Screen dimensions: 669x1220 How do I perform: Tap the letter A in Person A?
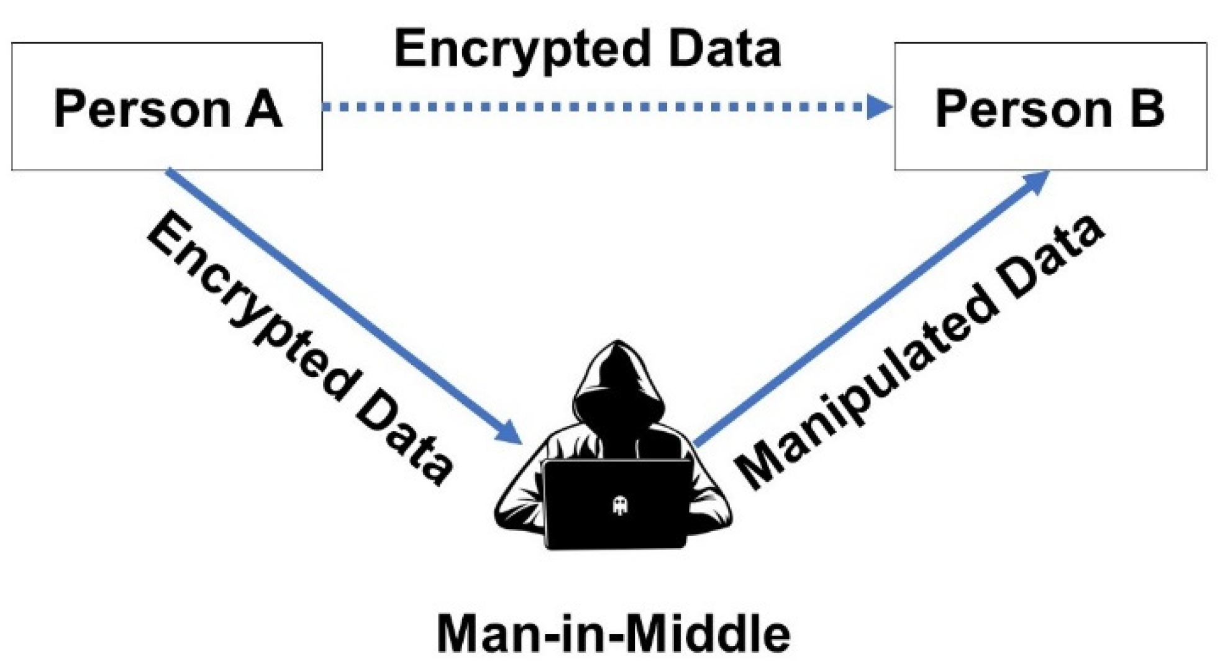coord(263,109)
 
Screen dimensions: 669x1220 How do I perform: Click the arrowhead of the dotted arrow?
coord(879,107)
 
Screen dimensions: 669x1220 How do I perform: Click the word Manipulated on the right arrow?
coord(863,385)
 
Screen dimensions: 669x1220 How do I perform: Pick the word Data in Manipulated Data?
coord(1050,255)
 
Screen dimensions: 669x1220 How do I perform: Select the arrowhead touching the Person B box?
coord(1036,181)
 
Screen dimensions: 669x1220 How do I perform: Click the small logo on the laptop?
coord(619,506)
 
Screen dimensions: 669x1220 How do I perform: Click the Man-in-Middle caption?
coord(613,634)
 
